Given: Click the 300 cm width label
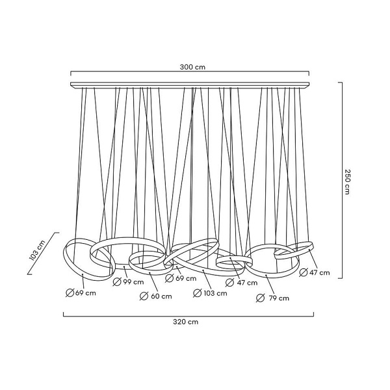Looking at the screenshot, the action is pos(192,67).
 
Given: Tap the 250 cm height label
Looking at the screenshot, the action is pos(347,181).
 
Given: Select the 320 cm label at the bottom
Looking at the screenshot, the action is pos(186,322).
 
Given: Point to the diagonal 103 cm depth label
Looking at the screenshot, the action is pos(37,250).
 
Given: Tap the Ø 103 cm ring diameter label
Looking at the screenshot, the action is pos(210,293).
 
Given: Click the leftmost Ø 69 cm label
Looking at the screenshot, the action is pos(81,292).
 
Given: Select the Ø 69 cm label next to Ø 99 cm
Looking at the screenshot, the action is pos(181,278).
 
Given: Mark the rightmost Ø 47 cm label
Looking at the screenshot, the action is pos(315,272).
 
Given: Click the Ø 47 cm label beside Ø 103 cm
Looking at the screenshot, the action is pos(242,283).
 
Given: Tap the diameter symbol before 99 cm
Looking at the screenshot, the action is pos(117,282).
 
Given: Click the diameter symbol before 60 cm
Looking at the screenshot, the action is pos(144,296).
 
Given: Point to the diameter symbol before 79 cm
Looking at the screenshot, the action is pos(261,298).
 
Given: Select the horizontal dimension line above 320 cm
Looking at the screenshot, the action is pos(188,316).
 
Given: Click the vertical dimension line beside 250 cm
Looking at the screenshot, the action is pos(342,180).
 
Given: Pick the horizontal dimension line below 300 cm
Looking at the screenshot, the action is pos(190,72).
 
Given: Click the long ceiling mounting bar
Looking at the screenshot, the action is pos(190,84).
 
